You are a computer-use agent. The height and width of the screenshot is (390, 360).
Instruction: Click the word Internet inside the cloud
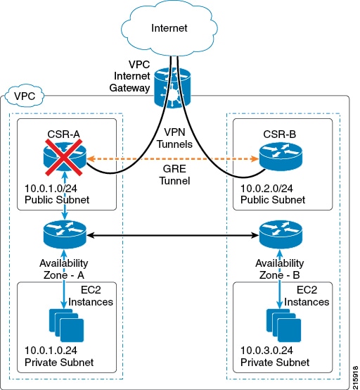[169, 28]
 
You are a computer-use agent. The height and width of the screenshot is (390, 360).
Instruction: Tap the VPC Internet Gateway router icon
[172, 88]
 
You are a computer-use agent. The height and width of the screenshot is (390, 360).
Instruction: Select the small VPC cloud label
[25, 96]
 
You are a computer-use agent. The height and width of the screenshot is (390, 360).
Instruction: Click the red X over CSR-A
[64, 158]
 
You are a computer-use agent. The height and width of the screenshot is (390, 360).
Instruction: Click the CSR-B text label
[280, 134]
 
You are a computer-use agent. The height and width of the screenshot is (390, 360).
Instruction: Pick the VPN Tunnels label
[174, 138]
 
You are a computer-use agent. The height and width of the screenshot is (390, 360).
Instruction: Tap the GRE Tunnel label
[174, 175]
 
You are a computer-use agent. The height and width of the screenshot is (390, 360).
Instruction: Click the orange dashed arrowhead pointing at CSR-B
[255, 158]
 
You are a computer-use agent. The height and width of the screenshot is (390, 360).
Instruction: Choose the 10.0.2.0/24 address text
[266, 188]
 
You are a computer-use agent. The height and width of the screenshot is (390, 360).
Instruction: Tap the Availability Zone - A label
[64, 269]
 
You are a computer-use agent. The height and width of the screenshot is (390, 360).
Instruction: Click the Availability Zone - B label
[280, 269]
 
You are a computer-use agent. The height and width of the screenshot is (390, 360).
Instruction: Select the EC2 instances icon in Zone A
[67, 325]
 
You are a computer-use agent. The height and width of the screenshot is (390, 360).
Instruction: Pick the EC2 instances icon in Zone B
[284, 325]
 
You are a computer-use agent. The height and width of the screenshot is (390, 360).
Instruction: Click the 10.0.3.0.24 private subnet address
[266, 351]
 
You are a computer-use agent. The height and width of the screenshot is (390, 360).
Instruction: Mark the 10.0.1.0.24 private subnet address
[51, 351]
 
